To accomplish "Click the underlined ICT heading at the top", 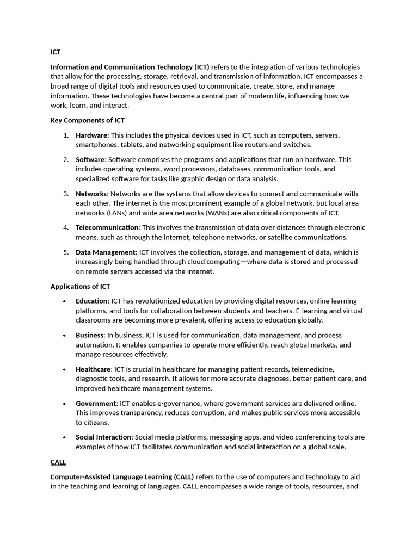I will (x=56, y=52).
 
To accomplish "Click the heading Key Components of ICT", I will (x=87, y=120).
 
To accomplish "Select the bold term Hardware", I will (x=91, y=135).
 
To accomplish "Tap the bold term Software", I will (x=90, y=159).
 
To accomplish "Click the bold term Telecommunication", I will (x=107, y=227).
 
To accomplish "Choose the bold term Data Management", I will (x=106, y=252).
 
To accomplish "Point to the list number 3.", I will (x=66, y=194).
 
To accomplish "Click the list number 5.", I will (x=66, y=252).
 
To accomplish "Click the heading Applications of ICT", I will (x=80, y=286).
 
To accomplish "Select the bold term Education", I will (x=91, y=301).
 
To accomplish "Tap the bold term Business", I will (x=90, y=335).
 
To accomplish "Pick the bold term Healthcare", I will (x=93, y=369).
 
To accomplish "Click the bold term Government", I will (x=96, y=403).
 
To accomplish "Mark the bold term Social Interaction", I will (x=103, y=437).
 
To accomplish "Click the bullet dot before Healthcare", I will (x=64, y=370).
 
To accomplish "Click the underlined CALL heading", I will (x=58, y=462).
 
